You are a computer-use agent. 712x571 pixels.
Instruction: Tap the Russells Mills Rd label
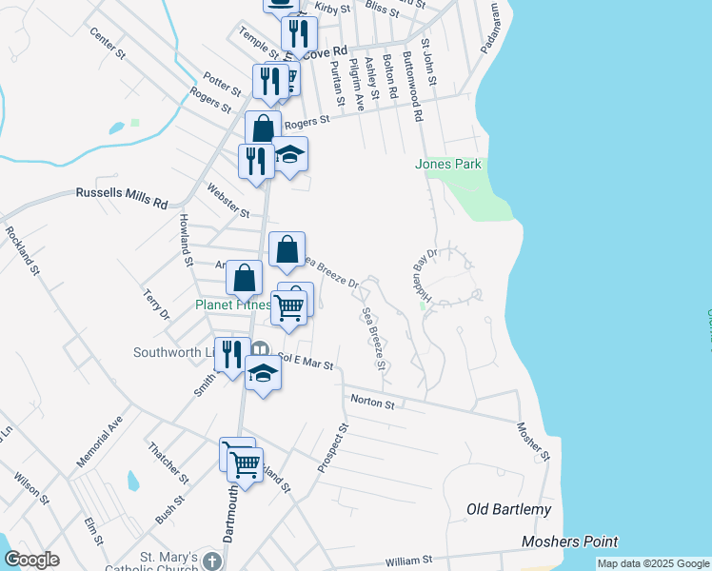click(x=122, y=197)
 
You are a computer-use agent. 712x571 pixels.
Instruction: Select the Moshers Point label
click(x=570, y=541)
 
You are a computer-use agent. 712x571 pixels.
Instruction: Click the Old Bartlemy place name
click(x=509, y=510)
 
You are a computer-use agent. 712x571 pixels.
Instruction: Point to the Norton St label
click(x=373, y=404)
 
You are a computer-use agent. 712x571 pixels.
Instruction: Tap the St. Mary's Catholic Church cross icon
click(x=211, y=561)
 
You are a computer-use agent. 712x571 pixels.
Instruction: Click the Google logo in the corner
click(x=31, y=560)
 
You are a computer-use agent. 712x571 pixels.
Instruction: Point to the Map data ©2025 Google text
click(x=653, y=563)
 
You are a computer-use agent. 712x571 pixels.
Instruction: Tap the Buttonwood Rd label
click(x=413, y=87)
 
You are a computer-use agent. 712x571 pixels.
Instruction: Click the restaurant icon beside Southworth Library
click(x=232, y=354)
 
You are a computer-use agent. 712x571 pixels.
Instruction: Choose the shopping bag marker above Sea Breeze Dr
click(x=287, y=250)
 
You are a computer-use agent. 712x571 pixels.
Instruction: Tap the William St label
click(x=409, y=561)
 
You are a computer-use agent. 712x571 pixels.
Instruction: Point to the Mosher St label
click(x=534, y=443)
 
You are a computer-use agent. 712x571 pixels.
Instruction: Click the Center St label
click(x=108, y=44)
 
